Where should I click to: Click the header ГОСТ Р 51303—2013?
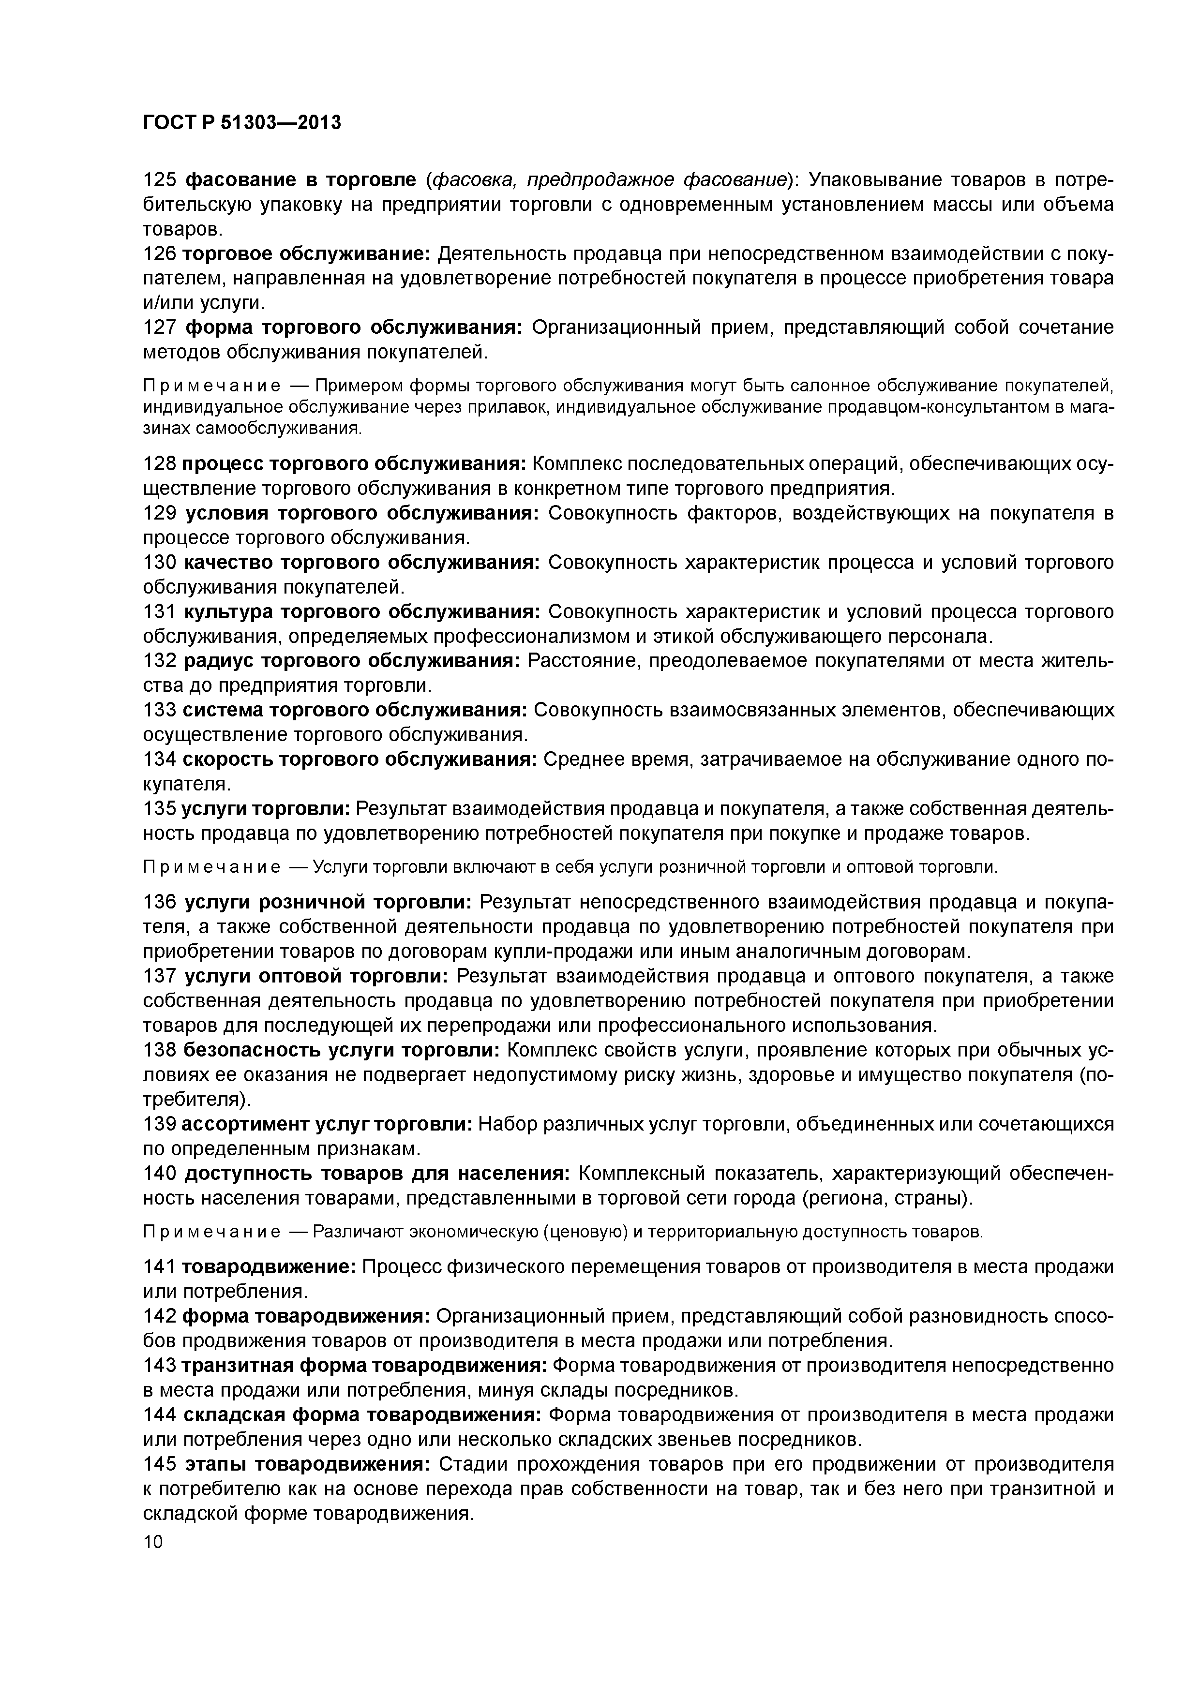click(x=242, y=122)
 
